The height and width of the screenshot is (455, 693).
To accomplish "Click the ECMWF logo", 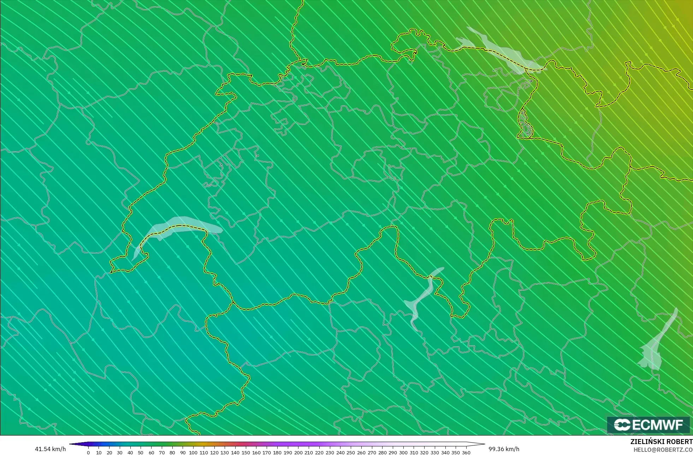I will pyautogui.click(x=648, y=425).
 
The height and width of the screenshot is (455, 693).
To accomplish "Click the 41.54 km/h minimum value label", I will pyautogui.click(x=50, y=449).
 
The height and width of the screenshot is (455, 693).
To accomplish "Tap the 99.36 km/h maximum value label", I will pyautogui.click(x=504, y=449).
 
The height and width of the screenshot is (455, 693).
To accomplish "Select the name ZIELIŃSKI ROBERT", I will pyautogui.click(x=661, y=442).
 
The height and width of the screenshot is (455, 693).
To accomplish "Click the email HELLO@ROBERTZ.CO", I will pyautogui.click(x=663, y=450).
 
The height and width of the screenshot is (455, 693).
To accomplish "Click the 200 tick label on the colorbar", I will pyautogui.click(x=298, y=453).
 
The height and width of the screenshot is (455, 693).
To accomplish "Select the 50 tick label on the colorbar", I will pyautogui.click(x=141, y=453).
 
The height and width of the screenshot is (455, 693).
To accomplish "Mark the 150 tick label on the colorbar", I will pyautogui.click(x=246, y=453).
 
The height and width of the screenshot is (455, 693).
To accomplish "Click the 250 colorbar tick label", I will pyautogui.click(x=351, y=453).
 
